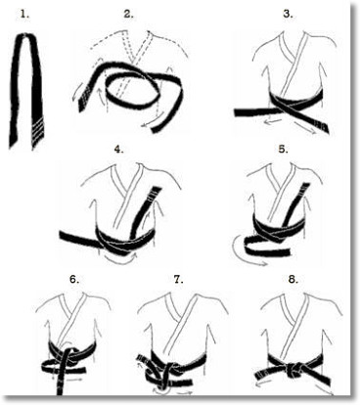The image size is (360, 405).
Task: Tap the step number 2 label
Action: coord(128,15)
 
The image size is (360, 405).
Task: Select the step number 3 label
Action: coord(288,15)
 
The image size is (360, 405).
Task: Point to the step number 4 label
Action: coord(118,149)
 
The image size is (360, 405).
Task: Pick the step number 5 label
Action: coord(283,149)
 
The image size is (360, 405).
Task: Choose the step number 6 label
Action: coord(74,280)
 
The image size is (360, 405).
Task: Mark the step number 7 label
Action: coord(178,280)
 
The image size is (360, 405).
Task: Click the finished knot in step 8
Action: coord(293,370)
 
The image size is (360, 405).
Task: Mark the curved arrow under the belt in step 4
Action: coord(120,258)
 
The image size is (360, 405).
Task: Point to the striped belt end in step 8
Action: coord(261,375)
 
